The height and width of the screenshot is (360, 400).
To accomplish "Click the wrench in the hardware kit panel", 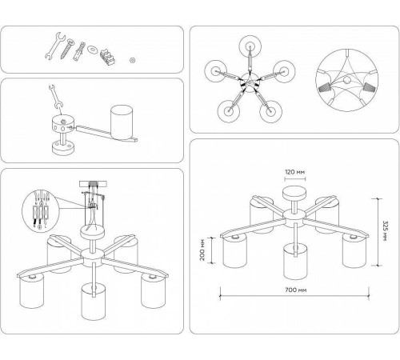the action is click(55, 46).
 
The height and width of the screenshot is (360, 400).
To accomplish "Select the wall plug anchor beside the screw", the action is click(79, 51).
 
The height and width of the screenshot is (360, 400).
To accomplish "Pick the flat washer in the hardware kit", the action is click(93, 49).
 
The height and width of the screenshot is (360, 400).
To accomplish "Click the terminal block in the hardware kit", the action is click(108, 57).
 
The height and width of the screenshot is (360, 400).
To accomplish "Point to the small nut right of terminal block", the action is click(132, 60).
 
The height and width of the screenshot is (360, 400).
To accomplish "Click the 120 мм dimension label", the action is click(294, 172).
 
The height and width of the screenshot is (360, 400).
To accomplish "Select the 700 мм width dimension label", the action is click(296, 290).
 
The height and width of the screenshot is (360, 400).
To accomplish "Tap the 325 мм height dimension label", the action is click(385, 230).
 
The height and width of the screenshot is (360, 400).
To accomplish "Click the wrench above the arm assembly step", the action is click(55, 96).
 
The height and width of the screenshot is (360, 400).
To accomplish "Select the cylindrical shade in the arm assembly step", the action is click(122, 122).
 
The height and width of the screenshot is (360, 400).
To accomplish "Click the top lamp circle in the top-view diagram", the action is click(250, 46).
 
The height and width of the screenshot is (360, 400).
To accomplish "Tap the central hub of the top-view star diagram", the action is click(250, 83).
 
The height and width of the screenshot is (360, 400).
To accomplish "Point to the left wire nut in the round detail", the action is click(324, 88).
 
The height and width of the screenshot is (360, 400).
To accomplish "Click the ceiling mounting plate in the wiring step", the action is click(93, 184).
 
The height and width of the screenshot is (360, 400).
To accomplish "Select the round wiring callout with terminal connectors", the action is click(40, 210).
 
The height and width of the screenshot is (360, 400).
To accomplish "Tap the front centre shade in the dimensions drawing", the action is click(295, 262).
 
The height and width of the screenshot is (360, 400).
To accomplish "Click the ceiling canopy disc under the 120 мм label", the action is click(294, 194).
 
